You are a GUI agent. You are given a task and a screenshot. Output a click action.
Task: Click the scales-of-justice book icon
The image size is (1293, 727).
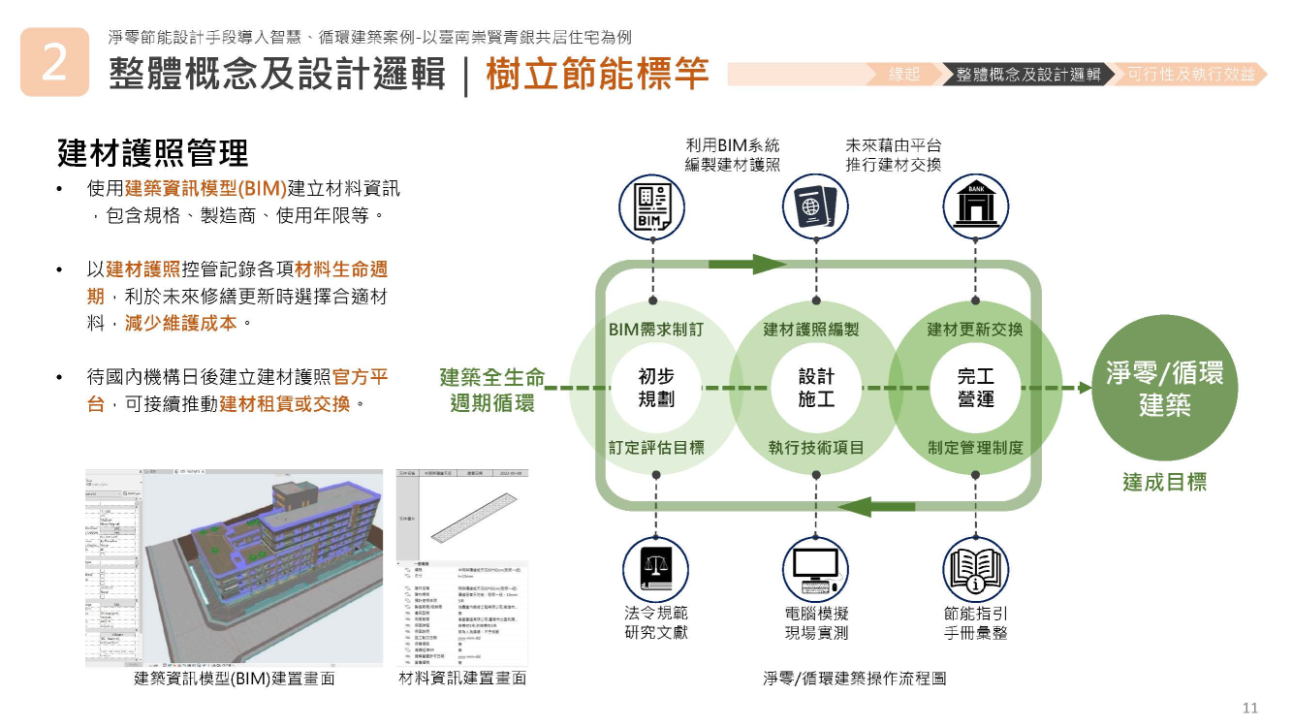[x=656, y=567]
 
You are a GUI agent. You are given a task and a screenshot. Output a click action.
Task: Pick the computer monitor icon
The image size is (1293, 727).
[x=815, y=567]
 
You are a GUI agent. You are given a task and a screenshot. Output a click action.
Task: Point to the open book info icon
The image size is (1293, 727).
[x=976, y=567]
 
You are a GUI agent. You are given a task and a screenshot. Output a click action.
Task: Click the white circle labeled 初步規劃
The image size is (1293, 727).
[x=656, y=388]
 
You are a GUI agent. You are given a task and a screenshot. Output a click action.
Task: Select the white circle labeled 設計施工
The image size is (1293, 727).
[x=816, y=388]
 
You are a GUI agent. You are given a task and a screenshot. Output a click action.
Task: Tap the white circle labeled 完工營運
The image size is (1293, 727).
[x=975, y=388]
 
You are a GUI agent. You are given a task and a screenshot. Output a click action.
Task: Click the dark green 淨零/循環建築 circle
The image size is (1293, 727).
[x=1165, y=389]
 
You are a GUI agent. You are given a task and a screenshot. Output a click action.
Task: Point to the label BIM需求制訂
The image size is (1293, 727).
[x=656, y=330]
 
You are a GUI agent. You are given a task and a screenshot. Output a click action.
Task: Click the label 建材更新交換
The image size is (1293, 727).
[x=975, y=330]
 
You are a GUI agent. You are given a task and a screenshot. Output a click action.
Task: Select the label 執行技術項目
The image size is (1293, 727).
[x=816, y=448]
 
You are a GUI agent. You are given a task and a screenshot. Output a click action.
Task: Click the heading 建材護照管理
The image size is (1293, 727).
[x=153, y=152]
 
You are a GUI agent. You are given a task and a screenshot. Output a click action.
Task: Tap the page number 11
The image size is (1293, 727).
[x=1249, y=708]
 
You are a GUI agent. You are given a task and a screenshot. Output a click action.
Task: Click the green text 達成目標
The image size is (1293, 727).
[x=1165, y=482]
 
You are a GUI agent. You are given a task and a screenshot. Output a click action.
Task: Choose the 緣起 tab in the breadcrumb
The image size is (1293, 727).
[x=904, y=75]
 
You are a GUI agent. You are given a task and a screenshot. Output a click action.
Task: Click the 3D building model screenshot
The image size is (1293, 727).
[x=262, y=567]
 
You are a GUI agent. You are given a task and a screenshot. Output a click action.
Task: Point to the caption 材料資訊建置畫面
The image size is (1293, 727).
[x=462, y=679]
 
